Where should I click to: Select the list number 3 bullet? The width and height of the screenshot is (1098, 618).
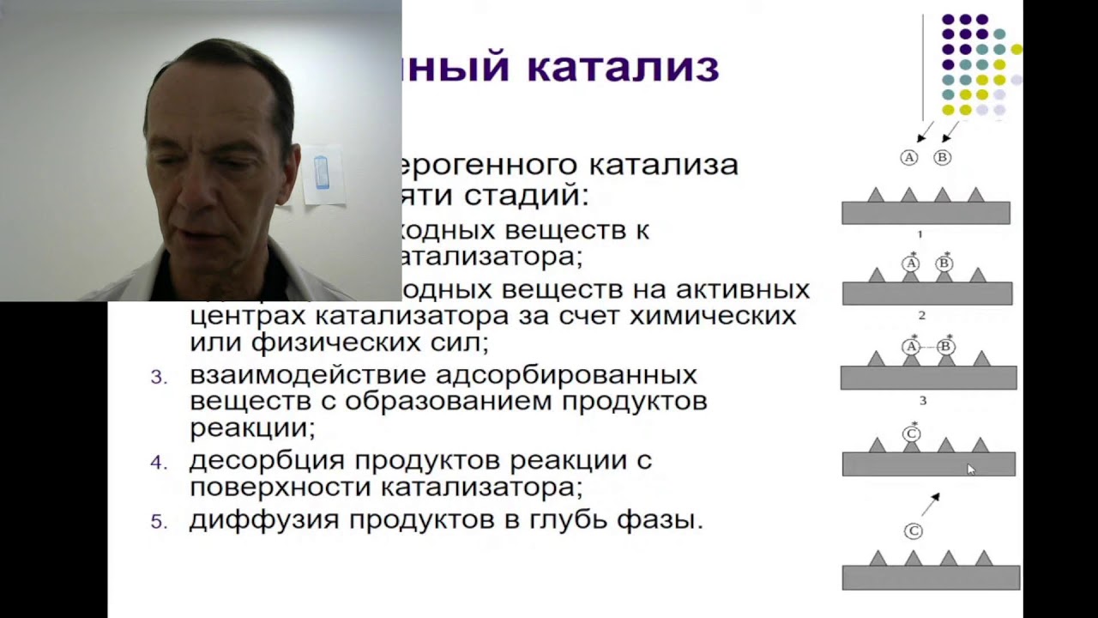pos(158,378)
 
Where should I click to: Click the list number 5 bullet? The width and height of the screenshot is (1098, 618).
pos(158,522)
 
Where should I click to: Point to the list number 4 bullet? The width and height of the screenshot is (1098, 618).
pos(158,463)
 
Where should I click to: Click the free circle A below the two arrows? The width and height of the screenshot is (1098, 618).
pos(909,157)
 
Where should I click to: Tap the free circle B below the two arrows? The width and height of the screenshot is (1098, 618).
pos(942,157)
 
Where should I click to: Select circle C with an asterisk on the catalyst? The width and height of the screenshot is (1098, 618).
pos(912,434)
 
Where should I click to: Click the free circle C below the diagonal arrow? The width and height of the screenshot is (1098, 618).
pos(914,531)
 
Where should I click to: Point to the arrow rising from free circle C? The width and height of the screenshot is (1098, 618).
pos(931,504)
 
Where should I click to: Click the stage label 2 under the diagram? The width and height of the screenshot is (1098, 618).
pos(922,316)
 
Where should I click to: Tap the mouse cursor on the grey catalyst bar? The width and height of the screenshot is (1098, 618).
pos(970,470)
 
